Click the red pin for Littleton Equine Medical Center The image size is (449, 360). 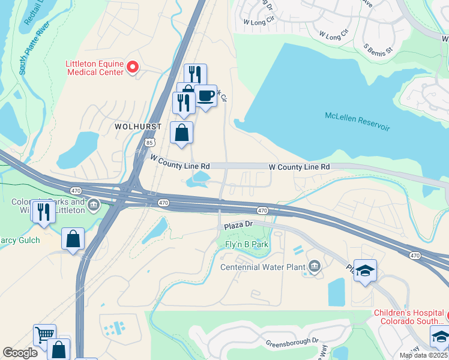[x=133, y=67]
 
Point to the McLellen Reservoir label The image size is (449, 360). [x=357, y=121]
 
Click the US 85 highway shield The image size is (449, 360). [x=149, y=142]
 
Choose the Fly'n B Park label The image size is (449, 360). [x=246, y=244]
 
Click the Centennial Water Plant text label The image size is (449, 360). [x=264, y=267]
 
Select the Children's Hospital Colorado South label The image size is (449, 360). [x=408, y=317]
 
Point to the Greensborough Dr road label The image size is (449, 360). [x=292, y=343]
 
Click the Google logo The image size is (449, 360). [x=20, y=353]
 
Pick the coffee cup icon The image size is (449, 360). [x=205, y=95]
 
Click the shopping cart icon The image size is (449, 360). [x=44, y=334]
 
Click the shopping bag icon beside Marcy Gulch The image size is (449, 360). [x=73, y=239]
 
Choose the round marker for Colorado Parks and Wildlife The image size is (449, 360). [x=93, y=206]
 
